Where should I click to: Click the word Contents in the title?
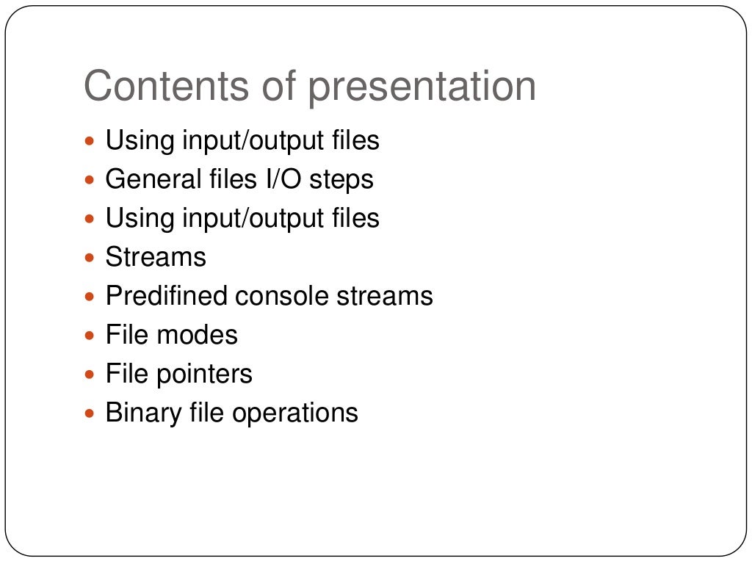pyautogui.click(x=166, y=87)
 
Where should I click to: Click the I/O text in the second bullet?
pyautogui.click(x=281, y=179)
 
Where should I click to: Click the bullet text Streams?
pyautogui.click(x=156, y=257)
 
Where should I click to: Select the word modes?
pyautogui.click(x=197, y=335)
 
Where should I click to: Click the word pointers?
pyautogui.click(x=204, y=375)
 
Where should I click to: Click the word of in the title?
pyautogui.click(x=278, y=87)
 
